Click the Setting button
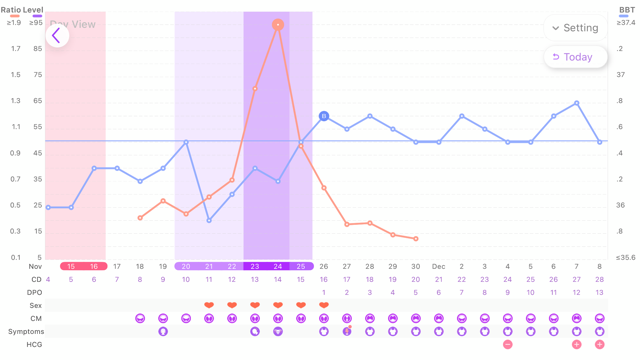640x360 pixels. click(x=575, y=28)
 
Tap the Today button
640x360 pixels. click(x=573, y=57)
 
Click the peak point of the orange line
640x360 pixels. click(x=278, y=24)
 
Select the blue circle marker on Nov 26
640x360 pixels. click(x=324, y=116)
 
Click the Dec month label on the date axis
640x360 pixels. click(x=439, y=267)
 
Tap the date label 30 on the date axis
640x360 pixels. click(x=416, y=267)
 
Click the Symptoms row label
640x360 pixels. click(x=27, y=331)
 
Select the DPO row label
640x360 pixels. click(x=36, y=293)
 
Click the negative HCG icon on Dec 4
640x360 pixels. click(x=508, y=344)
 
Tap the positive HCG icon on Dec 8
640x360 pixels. click(x=599, y=344)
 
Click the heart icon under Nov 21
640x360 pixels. click(x=209, y=306)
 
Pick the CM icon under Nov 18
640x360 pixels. click(x=140, y=318)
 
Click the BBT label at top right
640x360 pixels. click(x=626, y=10)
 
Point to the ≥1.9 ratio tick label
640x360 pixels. click(x=13, y=22)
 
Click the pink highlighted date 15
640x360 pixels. click(x=71, y=267)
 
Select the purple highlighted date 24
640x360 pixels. click(x=278, y=267)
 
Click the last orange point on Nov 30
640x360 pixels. click(x=416, y=239)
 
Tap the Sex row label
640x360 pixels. click(x=36, y=306)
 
